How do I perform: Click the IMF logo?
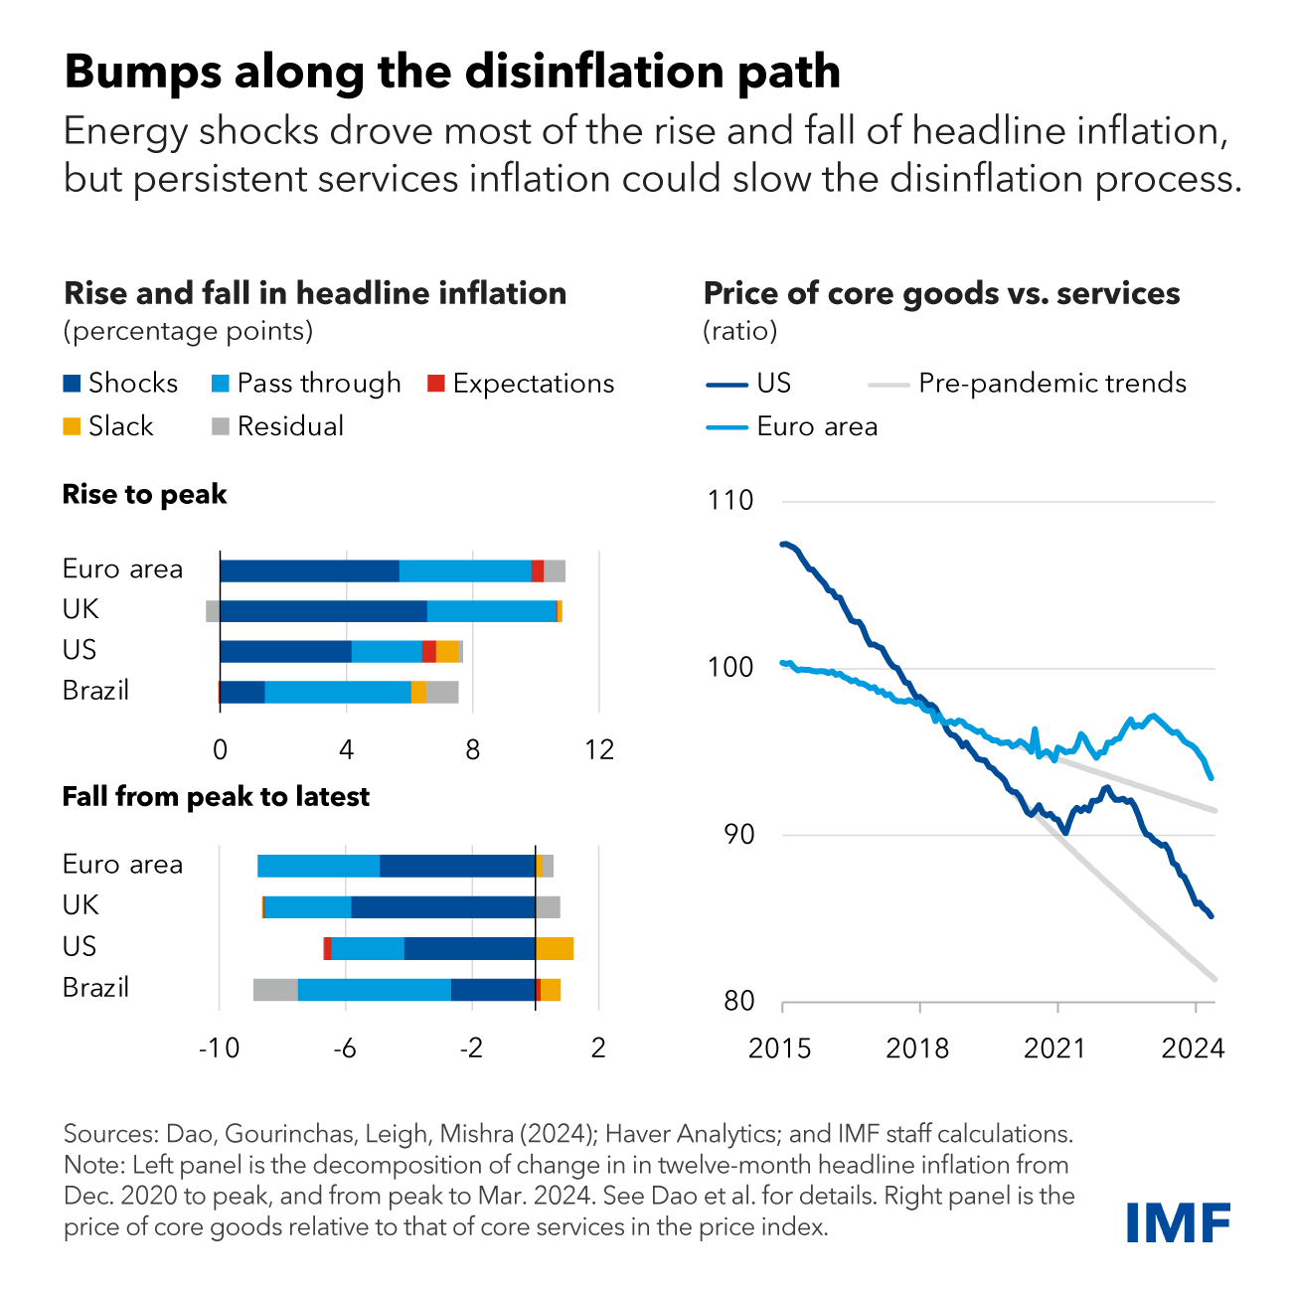coord(1179,1221)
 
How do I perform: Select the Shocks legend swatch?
coord(72,384)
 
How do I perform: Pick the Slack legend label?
coord(120,426)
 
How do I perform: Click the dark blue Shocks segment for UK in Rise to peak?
coord(323,611)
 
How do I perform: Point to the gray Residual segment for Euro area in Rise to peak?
coord(555,570)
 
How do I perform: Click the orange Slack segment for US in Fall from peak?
coord(555,948)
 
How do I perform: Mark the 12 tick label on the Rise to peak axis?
coord(598,749)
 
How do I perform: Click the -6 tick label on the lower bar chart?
coord(344,1049)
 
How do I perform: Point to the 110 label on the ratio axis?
coord(730,501)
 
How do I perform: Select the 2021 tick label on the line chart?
coord(1055,1049)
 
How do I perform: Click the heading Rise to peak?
coord(145,495)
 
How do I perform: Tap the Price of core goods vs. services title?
coord(941,294)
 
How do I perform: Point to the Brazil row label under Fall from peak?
coord(95,988)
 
